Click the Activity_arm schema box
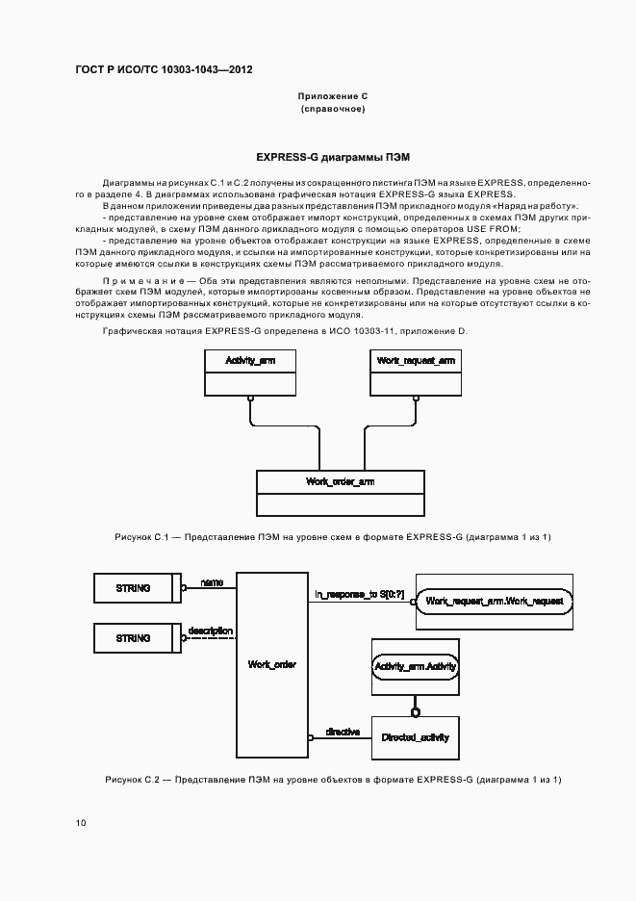point(249,372)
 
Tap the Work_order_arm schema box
point(339,493)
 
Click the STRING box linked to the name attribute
point(134,588)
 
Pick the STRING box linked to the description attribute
point(134,638)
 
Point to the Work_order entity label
point(271,664)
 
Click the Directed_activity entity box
point(415,737)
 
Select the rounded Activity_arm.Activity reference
point(415,666)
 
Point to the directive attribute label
point(343,732)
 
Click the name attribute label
point(212,582)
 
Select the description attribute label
point(211,631)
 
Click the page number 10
point(80,823)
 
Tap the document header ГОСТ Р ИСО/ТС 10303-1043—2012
point(164,70)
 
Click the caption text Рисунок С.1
point(141,536)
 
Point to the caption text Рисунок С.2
point(132,779)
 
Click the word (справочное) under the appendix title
point(332,109)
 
